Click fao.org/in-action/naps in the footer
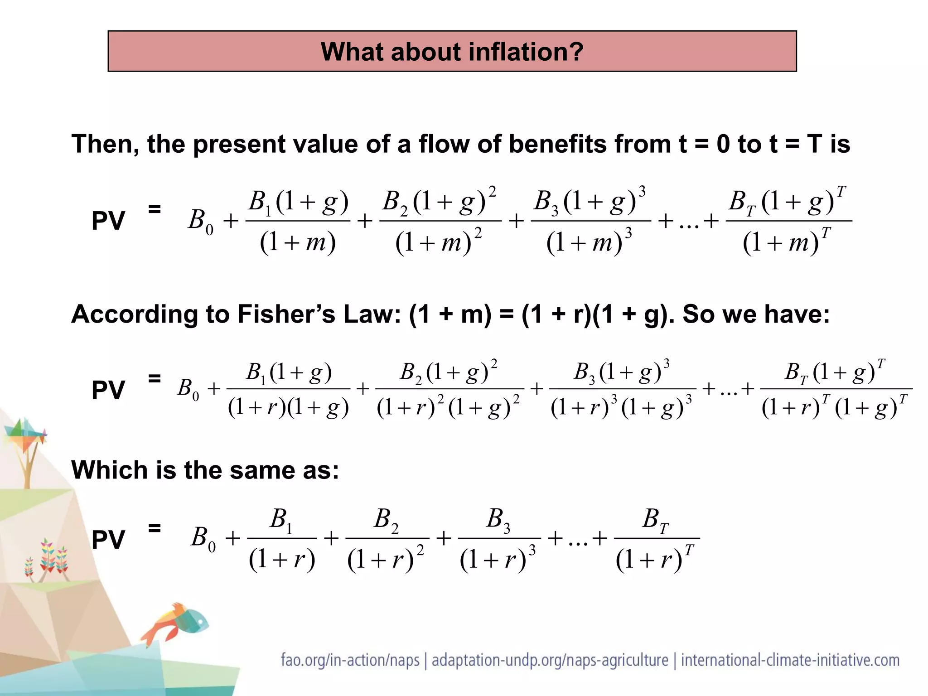[350, 660]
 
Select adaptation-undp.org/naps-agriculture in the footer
[550, 660]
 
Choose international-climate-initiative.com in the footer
[790, 660]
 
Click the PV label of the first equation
[108, 221]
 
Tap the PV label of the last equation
[108, 540]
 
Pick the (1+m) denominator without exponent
[298, 242]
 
